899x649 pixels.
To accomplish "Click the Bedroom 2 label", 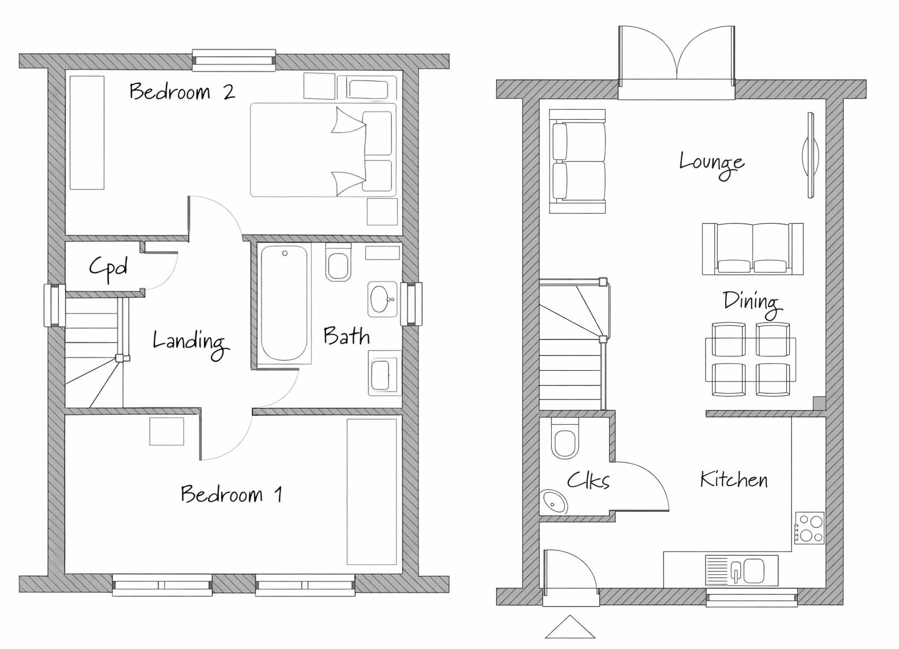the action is (x=182, y=91).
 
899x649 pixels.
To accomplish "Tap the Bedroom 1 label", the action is (x=232, y=494).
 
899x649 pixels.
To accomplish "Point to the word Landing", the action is (x=191, y=343).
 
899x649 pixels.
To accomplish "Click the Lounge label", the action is (x=711, y=164).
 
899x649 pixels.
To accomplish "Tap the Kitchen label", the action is (x=734, y=479).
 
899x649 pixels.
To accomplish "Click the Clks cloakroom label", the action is (x=588, y=480).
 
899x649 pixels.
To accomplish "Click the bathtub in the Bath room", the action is (x=284, y=304).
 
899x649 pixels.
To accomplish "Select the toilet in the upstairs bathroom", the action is (x=338, y=262).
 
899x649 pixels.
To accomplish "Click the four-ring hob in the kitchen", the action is (x=810, y=528).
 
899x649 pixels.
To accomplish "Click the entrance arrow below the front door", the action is (x=570, y=627).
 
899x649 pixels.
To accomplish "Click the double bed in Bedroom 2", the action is (x=323, y=150).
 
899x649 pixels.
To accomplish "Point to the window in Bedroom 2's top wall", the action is (x=234, y=60).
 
